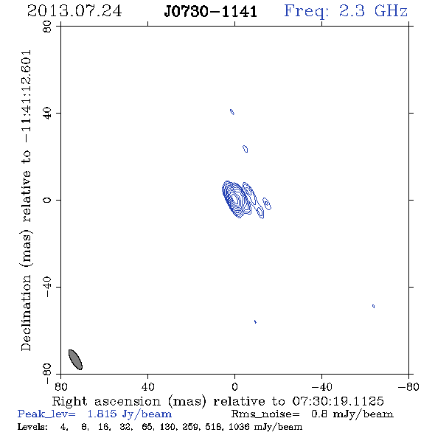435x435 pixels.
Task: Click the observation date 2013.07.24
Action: tap(74, 11)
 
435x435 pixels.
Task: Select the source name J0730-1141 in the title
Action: tap(211, 12)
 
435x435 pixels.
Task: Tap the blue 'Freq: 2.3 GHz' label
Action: tap(346, 11)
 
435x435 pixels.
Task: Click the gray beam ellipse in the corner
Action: tap(75, 360)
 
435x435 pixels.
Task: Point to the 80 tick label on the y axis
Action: tap(47, 27)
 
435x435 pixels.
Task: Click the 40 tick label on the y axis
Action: tap(47, 114)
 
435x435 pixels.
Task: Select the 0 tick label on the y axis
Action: tap(47, 200)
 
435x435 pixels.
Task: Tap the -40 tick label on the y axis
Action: tap(47, 287)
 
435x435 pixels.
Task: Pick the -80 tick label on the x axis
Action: tap(408, 387)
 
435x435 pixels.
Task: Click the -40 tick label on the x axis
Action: tap(321, 387)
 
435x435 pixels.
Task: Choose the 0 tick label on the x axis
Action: tap(234, 387)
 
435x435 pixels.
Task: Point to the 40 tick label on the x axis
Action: tap(147, 387)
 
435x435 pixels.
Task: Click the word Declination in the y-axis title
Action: tap(26, 313)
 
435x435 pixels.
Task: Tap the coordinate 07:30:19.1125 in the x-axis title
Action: tap(338, 401)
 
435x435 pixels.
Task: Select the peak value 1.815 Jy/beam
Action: tap(129, 414)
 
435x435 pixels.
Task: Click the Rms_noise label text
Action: tap(265, 414)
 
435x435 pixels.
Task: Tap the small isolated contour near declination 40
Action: tap(232, 112)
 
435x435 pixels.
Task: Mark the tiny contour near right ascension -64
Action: tap(373, 306)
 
